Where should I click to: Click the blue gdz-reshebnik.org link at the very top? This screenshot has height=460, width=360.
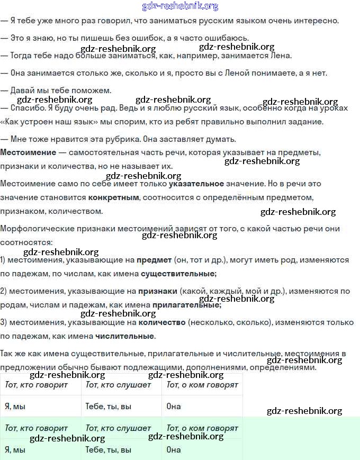180,6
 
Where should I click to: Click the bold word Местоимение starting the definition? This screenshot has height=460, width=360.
28,152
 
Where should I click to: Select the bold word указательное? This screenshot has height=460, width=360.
196,184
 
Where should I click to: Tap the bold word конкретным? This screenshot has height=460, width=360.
114,197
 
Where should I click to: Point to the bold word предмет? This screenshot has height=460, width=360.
154,260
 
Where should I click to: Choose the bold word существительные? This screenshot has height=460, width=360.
178,274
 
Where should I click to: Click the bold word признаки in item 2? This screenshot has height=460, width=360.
157,291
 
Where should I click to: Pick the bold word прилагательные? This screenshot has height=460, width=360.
186,305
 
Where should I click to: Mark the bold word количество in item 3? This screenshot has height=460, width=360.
161,322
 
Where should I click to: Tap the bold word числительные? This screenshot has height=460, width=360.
125,336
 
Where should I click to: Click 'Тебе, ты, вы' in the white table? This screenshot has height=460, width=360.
108,406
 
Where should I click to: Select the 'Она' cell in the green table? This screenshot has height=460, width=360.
174,450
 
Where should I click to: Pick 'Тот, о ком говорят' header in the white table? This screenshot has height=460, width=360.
202,385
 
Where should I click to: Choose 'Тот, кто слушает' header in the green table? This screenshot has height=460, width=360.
118,428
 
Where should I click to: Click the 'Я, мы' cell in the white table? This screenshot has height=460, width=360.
15,406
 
